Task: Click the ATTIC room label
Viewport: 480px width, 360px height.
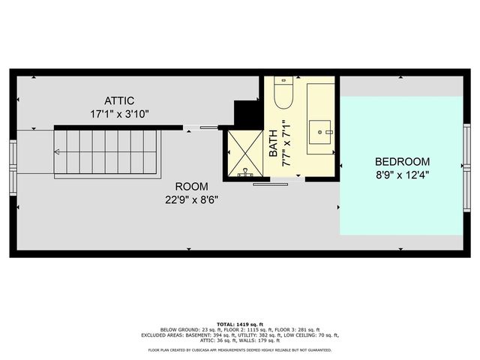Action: pos(118,100)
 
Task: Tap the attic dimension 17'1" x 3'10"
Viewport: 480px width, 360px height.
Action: pos(118,114)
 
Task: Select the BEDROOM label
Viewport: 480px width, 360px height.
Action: pos(402,161)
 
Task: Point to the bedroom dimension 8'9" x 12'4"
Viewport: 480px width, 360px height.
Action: pos(402,175)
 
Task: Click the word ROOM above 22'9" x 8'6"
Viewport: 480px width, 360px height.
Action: pos(192,186)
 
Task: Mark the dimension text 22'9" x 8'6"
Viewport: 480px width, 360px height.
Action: pos(192,200)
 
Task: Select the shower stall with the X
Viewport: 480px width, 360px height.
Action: pos(244,154)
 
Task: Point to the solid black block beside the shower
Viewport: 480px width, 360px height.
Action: pos(246,113)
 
